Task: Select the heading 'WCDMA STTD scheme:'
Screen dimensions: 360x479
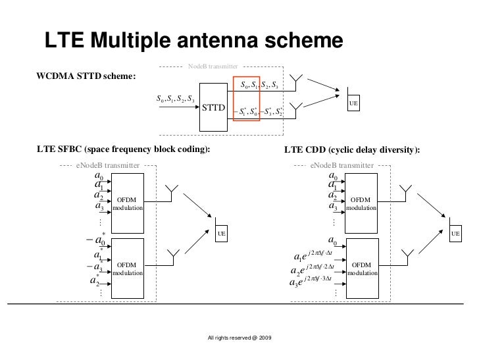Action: point(86,76)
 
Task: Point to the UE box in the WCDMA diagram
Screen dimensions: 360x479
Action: point(353,103)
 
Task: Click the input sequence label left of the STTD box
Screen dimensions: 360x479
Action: point(175,99)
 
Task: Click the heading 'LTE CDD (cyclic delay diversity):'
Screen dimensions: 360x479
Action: point(352,150)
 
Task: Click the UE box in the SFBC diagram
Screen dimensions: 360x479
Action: point(222,234)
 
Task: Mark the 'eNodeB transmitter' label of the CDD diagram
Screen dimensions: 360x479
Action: point(342,166)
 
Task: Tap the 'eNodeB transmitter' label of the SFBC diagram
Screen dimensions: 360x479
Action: point(108,166)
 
